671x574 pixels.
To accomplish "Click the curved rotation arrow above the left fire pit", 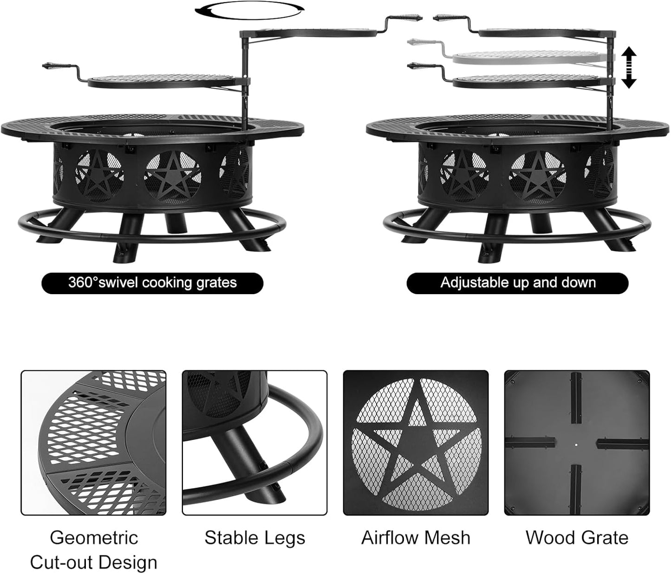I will [x=249, y=11].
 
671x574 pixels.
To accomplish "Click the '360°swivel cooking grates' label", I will [x=152, y=283].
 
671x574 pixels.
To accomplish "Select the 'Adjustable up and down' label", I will [x=517, y=283].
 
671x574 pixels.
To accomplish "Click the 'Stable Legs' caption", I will [x=254, y=538].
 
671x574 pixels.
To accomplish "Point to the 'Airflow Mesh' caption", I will [x=416, y=538].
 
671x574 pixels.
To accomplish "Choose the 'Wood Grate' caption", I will [x=577, y=538].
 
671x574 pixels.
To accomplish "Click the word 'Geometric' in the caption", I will [x=94, y=538].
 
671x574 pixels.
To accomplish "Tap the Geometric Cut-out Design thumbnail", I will [x=93, y=443].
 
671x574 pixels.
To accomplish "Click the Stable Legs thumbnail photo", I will [x=254, y=443].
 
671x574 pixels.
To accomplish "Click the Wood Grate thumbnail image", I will [x=577, y=443].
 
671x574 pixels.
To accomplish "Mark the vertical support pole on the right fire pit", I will [x=611, y=74].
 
